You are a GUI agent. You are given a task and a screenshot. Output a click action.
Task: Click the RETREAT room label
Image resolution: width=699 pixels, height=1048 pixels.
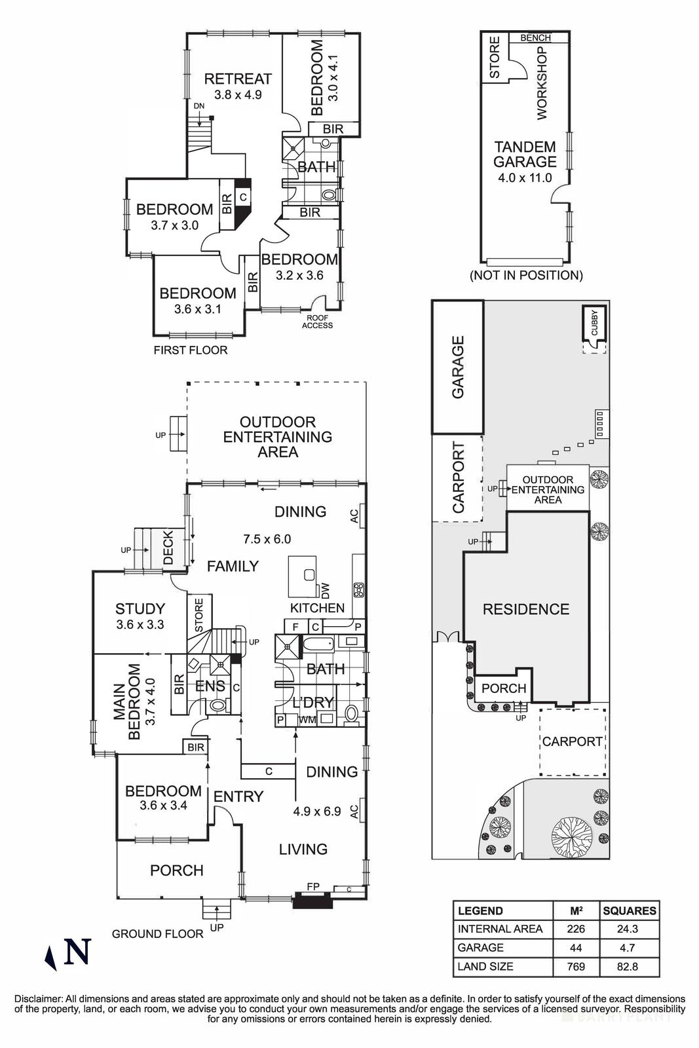click(238, 79)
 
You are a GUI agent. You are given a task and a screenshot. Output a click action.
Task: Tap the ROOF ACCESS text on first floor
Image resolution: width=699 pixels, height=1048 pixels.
click(317, 322)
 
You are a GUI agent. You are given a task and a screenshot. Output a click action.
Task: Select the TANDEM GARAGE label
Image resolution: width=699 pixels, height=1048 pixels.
click(525, 155)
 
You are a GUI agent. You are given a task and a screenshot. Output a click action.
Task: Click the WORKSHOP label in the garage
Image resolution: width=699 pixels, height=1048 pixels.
click(542, 83)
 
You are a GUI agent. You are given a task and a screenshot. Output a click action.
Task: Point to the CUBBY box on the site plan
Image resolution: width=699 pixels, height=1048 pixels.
click(594, 326)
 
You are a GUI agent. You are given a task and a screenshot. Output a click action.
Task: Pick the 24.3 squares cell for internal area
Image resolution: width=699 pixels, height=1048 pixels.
click(629, 929)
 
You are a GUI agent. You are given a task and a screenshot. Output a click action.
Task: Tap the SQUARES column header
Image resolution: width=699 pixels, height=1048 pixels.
click(629, 910)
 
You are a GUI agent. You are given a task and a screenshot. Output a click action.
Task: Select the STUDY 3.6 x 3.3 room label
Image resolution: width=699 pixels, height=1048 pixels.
click(140, 609)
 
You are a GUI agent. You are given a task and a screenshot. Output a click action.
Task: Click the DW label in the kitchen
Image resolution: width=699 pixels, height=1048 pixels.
click(326, 590)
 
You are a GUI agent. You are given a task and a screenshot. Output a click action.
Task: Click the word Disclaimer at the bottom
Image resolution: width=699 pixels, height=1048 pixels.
click(39, 1000)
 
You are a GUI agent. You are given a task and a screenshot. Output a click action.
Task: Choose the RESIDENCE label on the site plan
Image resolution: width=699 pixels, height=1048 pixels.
click(525, 610)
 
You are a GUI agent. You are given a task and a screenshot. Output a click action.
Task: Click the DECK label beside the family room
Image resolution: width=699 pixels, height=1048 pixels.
click(168, 548)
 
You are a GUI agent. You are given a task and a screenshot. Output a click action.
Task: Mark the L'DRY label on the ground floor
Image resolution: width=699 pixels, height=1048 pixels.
click(313, 702)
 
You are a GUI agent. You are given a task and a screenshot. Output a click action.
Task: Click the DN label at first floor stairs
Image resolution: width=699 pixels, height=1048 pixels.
click(198, 106)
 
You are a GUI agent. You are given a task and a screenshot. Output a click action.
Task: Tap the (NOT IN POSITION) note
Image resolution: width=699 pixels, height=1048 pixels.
click(526, 275)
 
